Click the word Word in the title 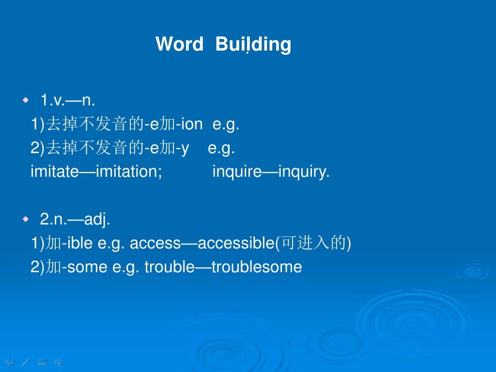coord(179,44)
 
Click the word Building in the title coord(253,45)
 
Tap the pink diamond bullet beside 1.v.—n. coord(26,100)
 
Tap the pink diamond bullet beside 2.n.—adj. coord(26,219)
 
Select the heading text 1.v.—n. coord(68,100)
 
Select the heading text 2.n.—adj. coord(75,219)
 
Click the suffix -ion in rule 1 coord(189,124)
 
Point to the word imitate coord(54,171)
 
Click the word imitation coord(128,171)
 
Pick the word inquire coord(237,171)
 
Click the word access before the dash coord(155,243)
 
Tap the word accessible coord(236,243)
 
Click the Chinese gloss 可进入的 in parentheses coord(313,243)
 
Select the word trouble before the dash coord(170,267)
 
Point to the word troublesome coord(257,267)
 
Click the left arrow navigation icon coord(10,362)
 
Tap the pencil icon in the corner coord(26,362)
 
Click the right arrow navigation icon coord(59,362)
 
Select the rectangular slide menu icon coord(43,362)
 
